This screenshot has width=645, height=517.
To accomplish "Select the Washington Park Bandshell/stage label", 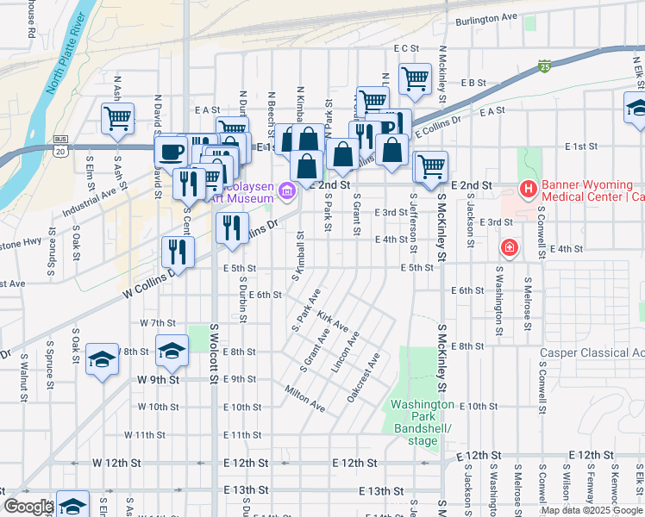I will (x=423, y=422).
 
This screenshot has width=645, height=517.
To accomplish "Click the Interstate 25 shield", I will (x=544, y=65).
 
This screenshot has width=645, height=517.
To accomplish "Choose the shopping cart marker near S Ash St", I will (x=117, y=118).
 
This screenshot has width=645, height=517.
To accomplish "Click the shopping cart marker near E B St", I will (x=415, y=79).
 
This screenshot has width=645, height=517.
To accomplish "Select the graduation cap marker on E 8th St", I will (x=172, y=350).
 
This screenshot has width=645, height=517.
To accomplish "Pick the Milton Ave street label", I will (x=305, y=397).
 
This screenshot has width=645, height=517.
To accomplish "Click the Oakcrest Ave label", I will (x=363, y=376).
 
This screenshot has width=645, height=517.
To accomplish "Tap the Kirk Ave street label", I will (x=332, y=321).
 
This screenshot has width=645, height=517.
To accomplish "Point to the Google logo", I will (x=28, y=507).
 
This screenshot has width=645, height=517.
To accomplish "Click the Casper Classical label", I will (x=592, y=352).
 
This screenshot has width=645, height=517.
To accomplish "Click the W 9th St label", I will (x=158, y=379).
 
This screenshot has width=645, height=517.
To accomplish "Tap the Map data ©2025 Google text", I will (x=592, y=510).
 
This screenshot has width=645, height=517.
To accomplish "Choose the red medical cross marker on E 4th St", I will (x=510, y=248).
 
